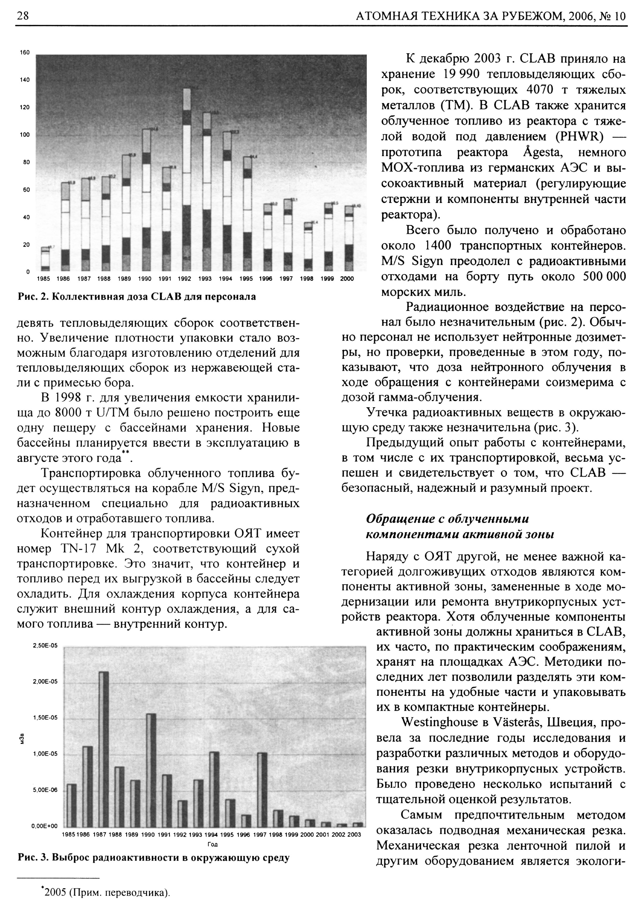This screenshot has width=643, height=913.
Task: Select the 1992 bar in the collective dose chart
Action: coord(186,179)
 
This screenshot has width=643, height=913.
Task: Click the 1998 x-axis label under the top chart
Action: coord(306,279)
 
